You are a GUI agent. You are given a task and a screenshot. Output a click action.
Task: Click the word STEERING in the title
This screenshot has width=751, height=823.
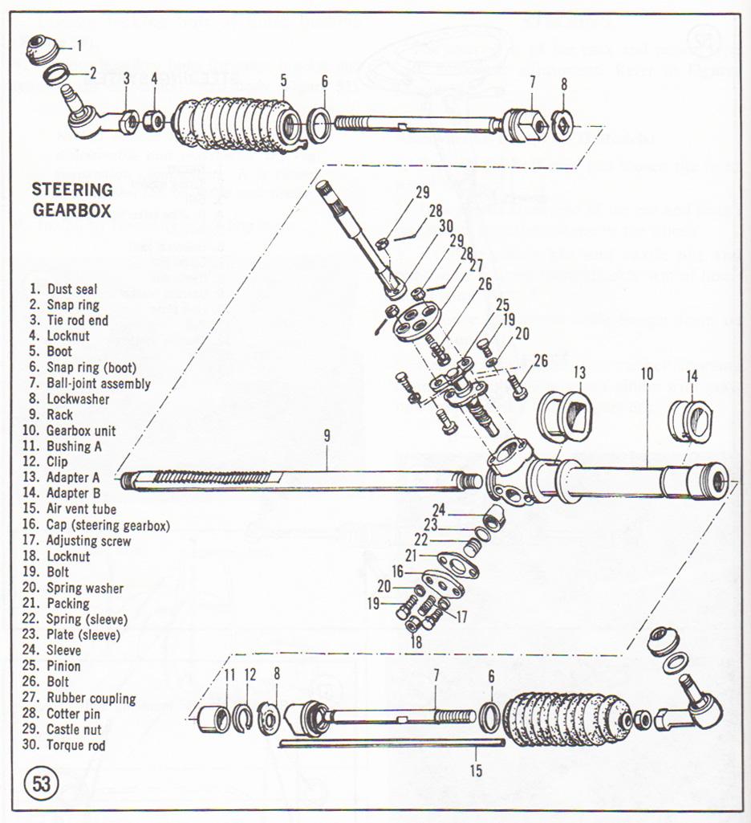point(72,190)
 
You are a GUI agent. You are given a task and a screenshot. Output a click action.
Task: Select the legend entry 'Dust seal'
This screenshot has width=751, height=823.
point(63,289)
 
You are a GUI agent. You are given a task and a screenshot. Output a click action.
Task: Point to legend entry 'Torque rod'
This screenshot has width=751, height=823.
point(67,745)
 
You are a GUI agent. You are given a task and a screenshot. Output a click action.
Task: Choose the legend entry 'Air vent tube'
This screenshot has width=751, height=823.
point(71,509)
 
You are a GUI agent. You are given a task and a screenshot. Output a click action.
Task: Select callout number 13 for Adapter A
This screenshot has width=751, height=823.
point(579,373)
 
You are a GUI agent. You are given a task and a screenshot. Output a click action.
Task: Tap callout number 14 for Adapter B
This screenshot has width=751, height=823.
point(692,374)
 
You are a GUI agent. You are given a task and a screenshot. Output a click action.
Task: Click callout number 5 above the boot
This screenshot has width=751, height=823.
point(284,79)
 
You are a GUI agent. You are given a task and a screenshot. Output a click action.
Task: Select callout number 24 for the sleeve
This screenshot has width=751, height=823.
point(439,509)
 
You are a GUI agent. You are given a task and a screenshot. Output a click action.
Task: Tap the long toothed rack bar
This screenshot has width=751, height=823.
point(297,480)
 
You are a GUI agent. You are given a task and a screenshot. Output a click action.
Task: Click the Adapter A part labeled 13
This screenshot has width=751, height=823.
point(565,415)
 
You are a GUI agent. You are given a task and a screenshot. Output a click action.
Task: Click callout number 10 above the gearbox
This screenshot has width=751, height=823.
point(647,373)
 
